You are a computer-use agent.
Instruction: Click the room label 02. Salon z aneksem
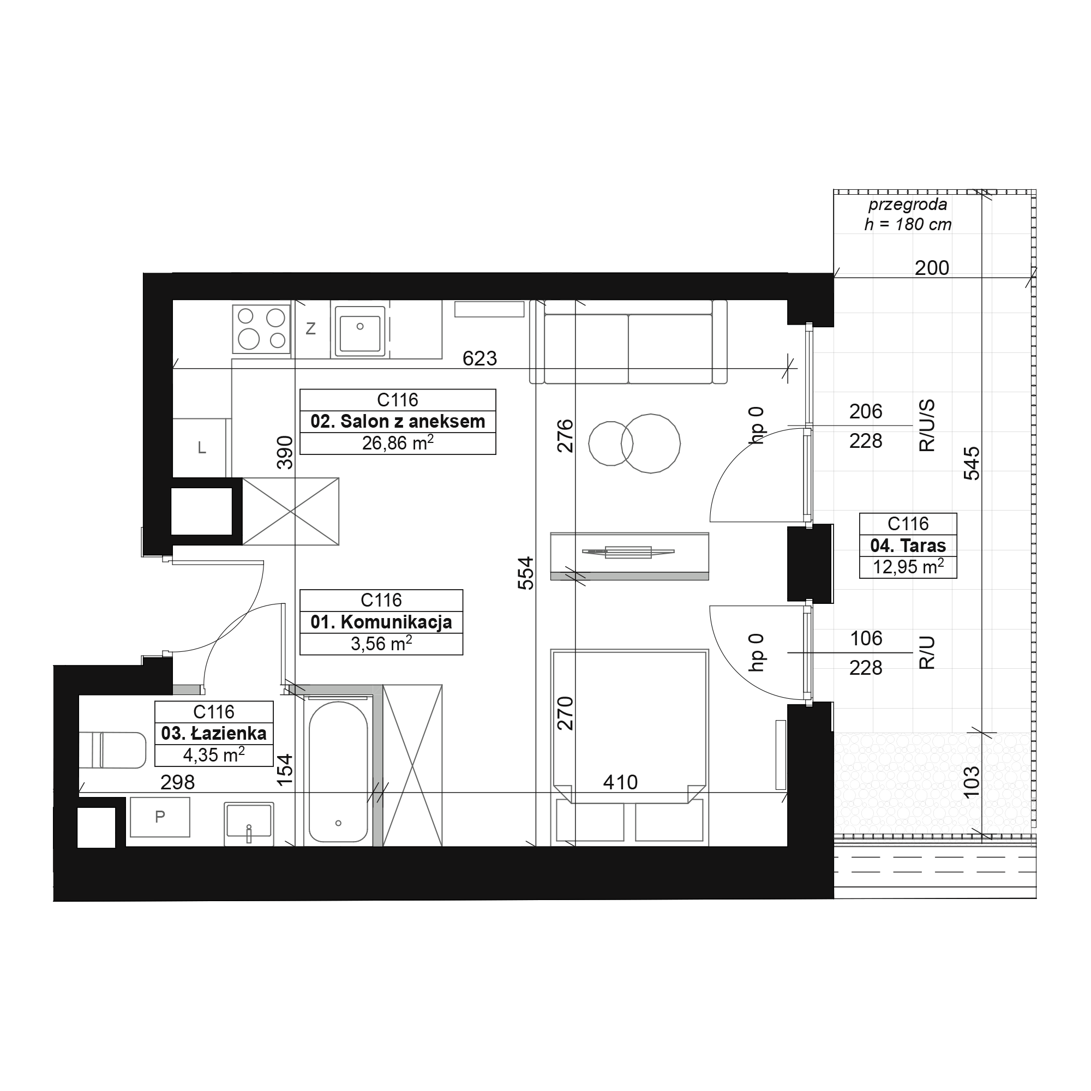[398, 422]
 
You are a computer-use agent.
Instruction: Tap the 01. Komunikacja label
[381, 622]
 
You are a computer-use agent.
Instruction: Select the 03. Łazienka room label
[213, 734]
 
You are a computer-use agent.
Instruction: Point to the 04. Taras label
[908, 545]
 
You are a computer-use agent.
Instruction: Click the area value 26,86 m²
[398, 443]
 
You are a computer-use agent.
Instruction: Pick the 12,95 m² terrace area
[908, 566]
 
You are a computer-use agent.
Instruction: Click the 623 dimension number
[479, 358]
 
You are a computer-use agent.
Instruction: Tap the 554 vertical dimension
[526, 573]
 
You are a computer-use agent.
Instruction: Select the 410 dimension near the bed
[620, 782]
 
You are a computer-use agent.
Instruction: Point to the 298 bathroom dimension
[177, 782]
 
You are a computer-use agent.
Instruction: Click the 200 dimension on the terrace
[932, 268]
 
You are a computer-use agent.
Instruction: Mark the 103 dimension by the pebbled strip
[972, 782]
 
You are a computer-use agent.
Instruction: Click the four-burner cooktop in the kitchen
[261, 329]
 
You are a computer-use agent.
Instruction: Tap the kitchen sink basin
[360, 331]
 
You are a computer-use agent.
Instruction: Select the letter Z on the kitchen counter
[310, 328]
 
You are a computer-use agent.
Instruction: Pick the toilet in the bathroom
[112, 751]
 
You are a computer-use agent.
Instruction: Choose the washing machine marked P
[160, 817]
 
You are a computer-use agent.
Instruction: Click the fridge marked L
[202, 448]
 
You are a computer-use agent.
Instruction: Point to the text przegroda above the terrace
[908, 205]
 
